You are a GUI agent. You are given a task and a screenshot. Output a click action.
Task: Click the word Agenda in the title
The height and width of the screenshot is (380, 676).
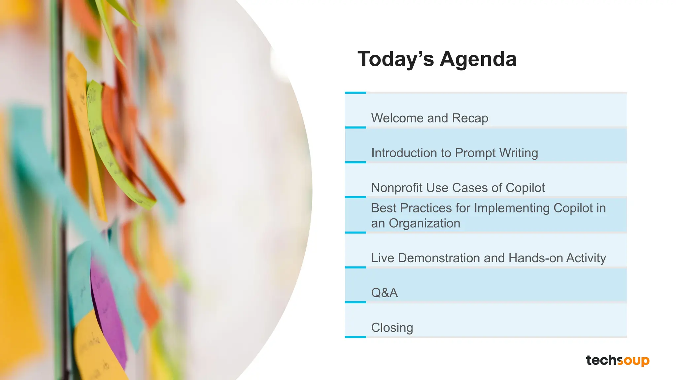(x=478, y=59)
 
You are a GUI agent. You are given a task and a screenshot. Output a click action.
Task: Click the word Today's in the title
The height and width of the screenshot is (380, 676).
(x=395, y=59)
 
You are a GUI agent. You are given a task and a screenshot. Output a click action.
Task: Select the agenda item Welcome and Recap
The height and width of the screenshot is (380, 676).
(x=429, y=118)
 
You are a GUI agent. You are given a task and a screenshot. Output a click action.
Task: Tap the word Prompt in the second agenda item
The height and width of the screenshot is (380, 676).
(x=475, y=153)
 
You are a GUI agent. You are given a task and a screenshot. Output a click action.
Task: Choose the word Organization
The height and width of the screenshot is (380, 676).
(x=424, y=223)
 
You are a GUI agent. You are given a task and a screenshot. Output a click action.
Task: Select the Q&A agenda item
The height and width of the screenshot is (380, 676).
(x=385, y=293)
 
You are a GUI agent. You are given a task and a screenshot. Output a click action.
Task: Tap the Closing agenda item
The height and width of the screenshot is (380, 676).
(x=392, y=328)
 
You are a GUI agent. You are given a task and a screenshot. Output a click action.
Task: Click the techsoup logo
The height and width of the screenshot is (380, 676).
(x=618, y=360)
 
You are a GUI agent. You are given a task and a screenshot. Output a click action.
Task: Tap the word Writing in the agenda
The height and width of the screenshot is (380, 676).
(x=519, y=153)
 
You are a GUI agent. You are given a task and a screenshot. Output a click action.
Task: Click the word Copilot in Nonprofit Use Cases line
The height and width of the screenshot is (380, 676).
(x=525, y=188)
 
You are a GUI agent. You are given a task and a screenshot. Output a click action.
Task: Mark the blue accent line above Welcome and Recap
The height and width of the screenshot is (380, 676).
(x=355, y=93)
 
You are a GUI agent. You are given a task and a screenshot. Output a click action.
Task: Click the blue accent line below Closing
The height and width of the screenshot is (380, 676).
(x=355, y=337)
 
